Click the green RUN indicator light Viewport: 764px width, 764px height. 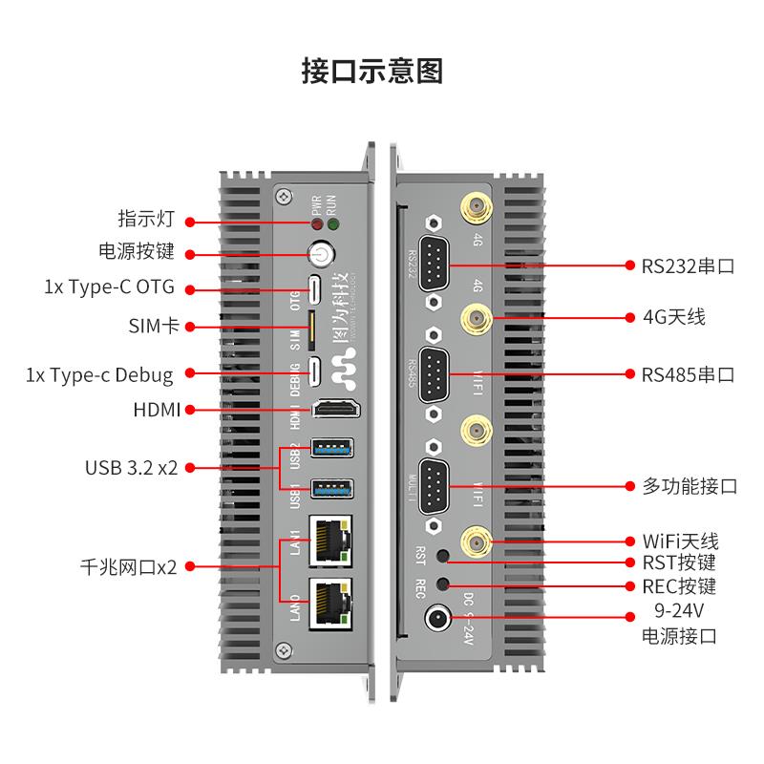[x=333, y=224]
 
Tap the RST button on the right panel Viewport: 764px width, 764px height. [x=442, y=556]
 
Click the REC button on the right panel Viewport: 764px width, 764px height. [x=442, y=584]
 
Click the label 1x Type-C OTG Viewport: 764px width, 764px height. [x=110, y=287]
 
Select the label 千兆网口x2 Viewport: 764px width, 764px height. [x=129, y=566]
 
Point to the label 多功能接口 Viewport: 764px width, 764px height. [x=689, y=486]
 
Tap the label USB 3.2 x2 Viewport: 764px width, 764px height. [x=132, y=468]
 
